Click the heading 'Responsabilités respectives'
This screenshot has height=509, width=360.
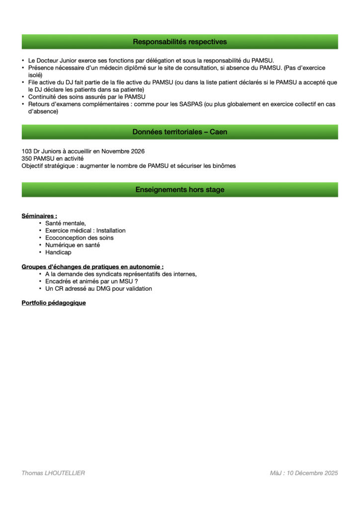180,42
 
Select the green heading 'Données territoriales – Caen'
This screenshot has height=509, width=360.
180,132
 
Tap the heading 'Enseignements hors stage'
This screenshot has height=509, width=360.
180,189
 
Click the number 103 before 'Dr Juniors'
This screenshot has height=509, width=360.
26,151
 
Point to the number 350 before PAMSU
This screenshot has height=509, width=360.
26,159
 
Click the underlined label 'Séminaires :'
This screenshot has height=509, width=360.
39,216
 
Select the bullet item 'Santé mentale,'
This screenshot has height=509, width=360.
66,223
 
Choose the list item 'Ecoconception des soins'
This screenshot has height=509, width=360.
79,238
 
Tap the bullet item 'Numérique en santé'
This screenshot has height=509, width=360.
73,245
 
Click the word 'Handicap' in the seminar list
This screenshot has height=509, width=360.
58,253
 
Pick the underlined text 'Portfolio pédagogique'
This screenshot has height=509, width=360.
54,303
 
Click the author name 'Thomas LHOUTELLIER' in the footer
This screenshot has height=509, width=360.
53,473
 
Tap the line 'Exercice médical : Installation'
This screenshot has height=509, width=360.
85,231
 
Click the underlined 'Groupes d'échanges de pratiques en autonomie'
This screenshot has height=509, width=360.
92,267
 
